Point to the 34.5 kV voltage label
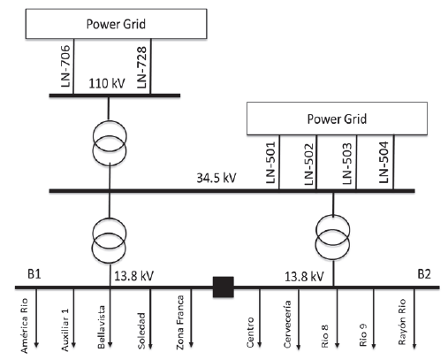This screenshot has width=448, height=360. (x=216, y=178)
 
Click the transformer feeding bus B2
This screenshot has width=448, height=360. (x=331, y=239)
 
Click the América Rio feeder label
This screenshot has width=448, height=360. (x=28, y=327)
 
